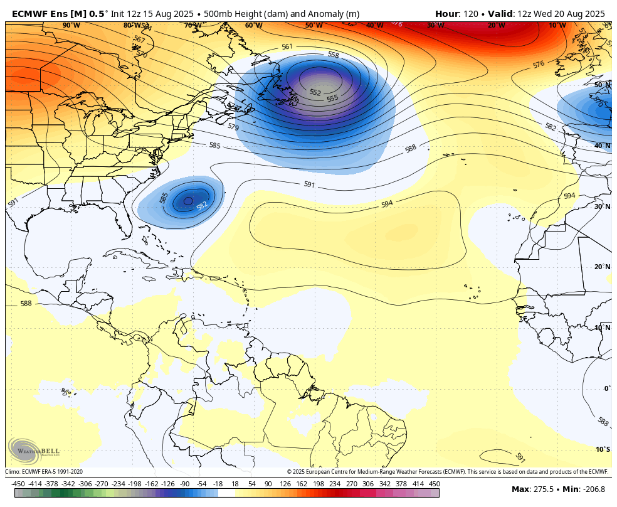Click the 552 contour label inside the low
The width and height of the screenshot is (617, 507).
(315, 92)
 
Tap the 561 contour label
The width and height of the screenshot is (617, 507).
(287, 46)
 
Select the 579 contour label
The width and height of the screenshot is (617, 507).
(233, 127)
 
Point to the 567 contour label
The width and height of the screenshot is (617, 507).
(139, 39)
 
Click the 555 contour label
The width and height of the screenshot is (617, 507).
(332, 98)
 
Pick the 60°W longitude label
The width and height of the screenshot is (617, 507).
(253, 25)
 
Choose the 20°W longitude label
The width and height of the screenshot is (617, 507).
(497, 25)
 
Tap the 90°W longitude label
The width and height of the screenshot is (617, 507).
(71, 25)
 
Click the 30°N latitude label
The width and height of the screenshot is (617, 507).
(603, 206)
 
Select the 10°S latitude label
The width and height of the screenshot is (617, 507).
(603, 449)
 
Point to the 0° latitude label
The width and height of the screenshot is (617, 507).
(607, 388)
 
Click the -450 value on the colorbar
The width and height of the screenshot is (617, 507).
(18, 484)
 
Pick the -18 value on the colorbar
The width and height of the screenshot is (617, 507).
(218, 484)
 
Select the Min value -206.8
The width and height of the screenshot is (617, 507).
(594, 489)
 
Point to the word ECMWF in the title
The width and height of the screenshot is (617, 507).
(28, 13)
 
